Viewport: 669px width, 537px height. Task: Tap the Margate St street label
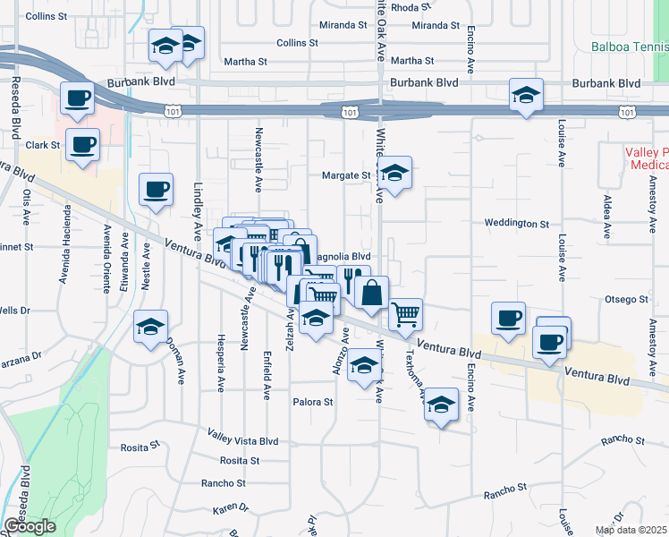pyautogui.click(x=346, y=175)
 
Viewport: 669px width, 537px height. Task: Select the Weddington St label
pyautogui.click(x=516, y=223)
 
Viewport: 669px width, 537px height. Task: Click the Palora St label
pyautogui.click(x=313, y=402)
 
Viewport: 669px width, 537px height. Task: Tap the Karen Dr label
pyautogui.click(x=231, y=508)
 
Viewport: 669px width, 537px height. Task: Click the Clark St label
pyautogui.click(x=43, y=145)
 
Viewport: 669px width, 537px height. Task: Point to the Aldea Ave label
pyautogui.click(x=607, y=217)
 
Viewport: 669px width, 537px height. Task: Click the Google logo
pyautogui.click(x=29, y=526)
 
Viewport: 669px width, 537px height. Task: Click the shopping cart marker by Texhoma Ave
pyautogui.click(x=406, y=314)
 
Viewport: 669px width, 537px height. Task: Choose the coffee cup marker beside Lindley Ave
pyautogui.click(x=157, y=189)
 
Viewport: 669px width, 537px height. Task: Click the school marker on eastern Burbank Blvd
pyautogui.click(x=527, y=94)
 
